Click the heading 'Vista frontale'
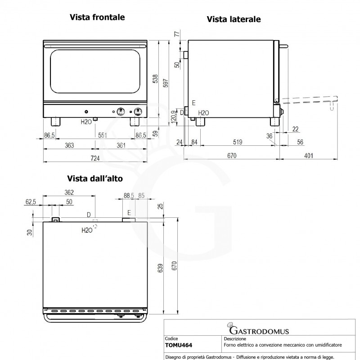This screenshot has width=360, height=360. pos(97,18)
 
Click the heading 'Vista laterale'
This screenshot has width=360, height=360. pos(234,19)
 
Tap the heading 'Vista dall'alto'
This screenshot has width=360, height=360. pos(95,179)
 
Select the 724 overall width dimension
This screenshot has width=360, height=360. pos(95,158)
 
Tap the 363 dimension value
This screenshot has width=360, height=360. pos(69,145)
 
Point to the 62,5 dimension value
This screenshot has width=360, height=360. pos(31,202)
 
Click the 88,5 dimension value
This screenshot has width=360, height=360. pos(129,195)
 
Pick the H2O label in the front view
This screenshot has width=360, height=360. pos(86,121)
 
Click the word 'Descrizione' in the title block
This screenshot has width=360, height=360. pos(234,338)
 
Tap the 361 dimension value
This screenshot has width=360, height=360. pos(121,145)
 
